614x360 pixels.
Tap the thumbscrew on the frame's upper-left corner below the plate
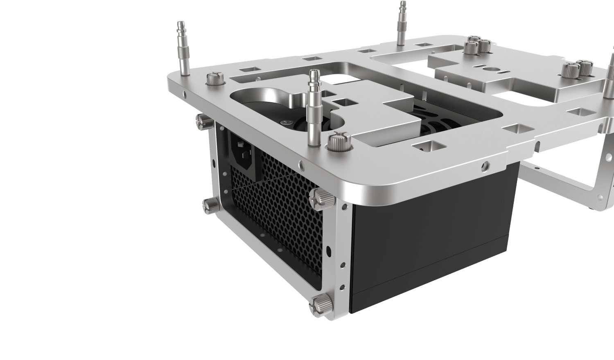(x=202, y=119)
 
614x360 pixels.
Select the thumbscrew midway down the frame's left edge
(x=210, y=204)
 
